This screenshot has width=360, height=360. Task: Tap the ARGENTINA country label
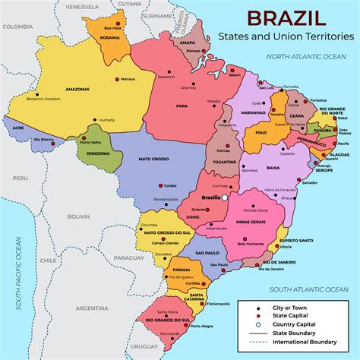[x=91, y=308]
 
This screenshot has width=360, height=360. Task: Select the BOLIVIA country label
[x=77, y=216]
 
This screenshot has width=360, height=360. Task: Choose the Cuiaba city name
[x=170, y=185]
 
